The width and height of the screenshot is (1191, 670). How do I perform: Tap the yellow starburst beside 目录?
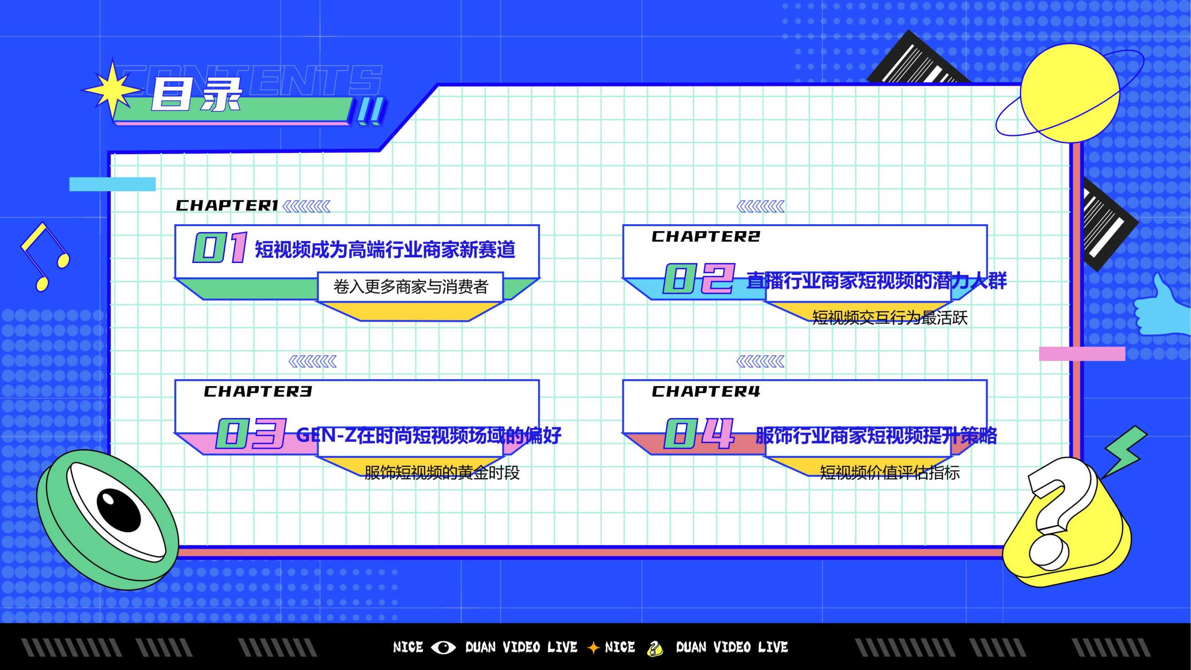[x=113, y=89]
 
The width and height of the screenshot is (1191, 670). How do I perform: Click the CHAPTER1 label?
[x=227, y=206]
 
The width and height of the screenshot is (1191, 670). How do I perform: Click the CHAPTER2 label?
[x=706, y=237]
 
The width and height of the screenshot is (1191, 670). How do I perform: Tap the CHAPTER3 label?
[x=258, y=392]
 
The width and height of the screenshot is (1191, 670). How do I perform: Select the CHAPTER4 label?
[x=706, y=392]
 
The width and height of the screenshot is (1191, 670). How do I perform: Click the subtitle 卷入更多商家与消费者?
[x=410, y=287]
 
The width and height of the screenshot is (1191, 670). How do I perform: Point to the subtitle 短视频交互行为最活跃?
[x=890, y=318]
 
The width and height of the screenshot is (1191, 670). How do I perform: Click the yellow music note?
[x=45, y=256]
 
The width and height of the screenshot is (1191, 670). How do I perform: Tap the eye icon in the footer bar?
[x=443, y=647]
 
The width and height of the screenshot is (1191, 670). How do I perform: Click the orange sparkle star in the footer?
[x=593, y=647]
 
